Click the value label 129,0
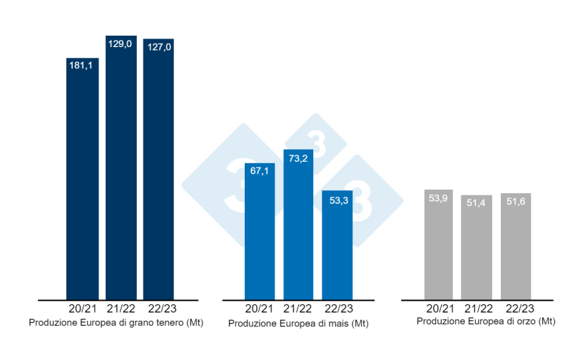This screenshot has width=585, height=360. [x=121, y=44]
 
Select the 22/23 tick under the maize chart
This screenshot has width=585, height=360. [x=337, y=309]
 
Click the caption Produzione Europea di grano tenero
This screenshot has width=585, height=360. [x=116, y=323]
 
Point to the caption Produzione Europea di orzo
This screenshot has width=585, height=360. [x=486, y=322]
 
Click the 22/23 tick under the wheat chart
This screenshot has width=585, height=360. [x=159, y=309]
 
